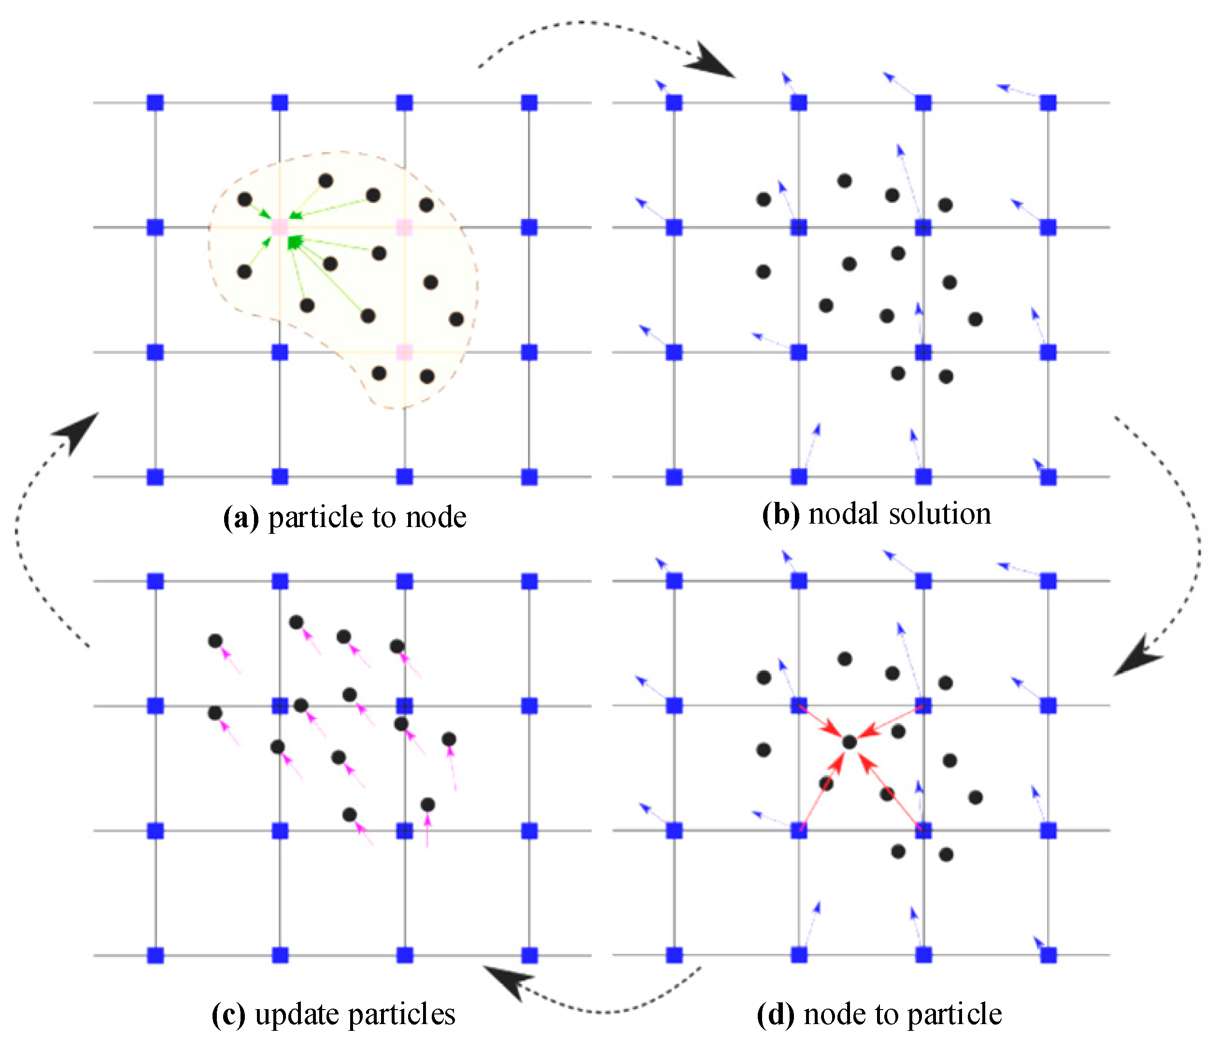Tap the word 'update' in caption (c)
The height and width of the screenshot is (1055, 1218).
point(296,1014)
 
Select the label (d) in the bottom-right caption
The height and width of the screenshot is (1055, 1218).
point(775,1014)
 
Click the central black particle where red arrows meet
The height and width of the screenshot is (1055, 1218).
point(849,742)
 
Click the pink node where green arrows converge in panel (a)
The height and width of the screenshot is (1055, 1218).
point(280,227)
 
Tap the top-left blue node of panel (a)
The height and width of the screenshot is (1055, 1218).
point(156,103)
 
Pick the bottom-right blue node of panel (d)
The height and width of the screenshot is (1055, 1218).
point(1048,955)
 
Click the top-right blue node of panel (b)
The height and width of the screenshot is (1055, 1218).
point(1048,103)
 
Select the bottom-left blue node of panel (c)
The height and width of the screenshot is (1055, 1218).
point(156,955)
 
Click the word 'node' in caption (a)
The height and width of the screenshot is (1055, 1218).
point(436,518)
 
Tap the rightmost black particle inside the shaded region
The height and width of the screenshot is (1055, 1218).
point(456,319)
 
